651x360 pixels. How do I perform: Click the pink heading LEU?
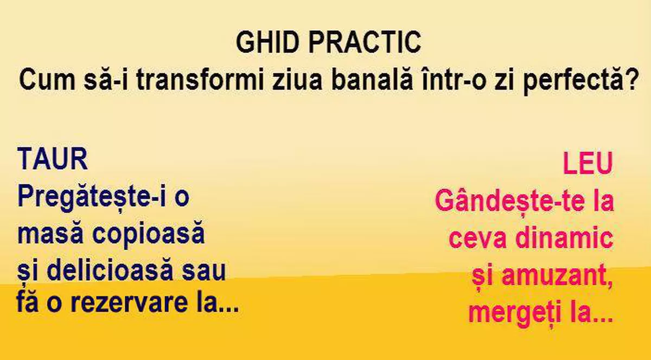pyautogui.click(x=588, y=164)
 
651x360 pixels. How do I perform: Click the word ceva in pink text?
pyautogui.click(x=477, y=239)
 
